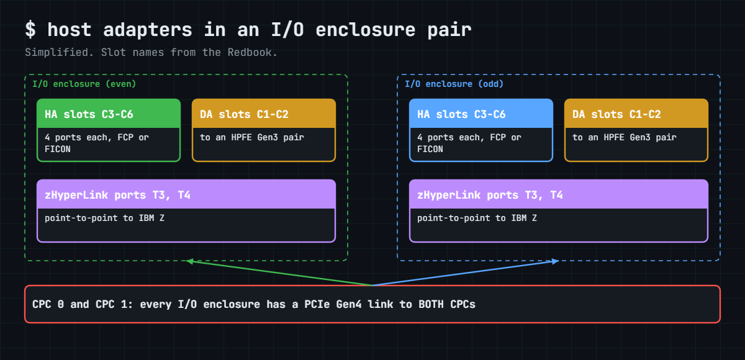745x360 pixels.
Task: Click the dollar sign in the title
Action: (x=30, y=30)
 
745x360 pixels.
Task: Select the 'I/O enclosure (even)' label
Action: (x=84, y=84)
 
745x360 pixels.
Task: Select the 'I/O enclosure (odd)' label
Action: (x=454, y=84)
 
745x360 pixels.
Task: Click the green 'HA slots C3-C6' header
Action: (x=109, y=114)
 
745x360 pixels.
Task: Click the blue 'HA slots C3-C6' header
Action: (x=481, y=114)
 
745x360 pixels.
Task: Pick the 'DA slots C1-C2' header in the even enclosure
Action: (x=264, y=114)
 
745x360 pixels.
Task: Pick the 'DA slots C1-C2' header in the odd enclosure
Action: (x=636, y=114)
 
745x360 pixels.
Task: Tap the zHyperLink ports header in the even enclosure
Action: (x=186, y=194)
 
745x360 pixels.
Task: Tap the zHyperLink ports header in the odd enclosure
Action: (x=559, y=194)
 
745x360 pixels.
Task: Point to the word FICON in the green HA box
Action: (x=58, y=149)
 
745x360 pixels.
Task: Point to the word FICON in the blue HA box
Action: (x=430, y=149)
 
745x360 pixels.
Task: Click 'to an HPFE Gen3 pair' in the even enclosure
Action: (x=252, y=137)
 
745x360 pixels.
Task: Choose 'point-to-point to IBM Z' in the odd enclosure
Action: (x=477, y=218)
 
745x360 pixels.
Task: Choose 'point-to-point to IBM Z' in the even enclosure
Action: (x=104, y=218)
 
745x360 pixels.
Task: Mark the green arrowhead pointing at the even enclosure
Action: (x=189, y=261)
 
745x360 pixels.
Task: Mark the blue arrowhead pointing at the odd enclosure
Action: (x=555, y=261)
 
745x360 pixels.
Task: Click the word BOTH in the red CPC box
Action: (x=431, y=304)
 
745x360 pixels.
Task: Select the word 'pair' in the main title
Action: (x=449, y=30)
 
